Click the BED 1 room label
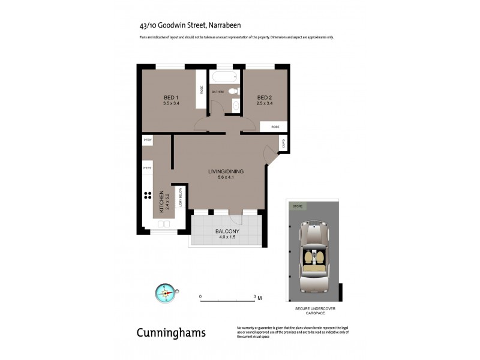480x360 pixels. [x=172, y=98]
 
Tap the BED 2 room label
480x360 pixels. [x=265, y=98]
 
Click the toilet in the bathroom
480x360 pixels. [x=235, y=92]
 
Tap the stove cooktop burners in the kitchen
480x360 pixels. [x=147, y=195]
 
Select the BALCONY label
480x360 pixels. [x=227, y=232]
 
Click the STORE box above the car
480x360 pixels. [x=297, y=206]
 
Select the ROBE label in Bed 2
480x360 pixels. [x=275, y=127]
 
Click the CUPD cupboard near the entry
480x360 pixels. [x=283, y=143]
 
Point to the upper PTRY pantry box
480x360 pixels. [x=148, y=140]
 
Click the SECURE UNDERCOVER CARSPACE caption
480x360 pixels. [x=315, y=310]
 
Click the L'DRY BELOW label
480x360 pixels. [x=179, y=196]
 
